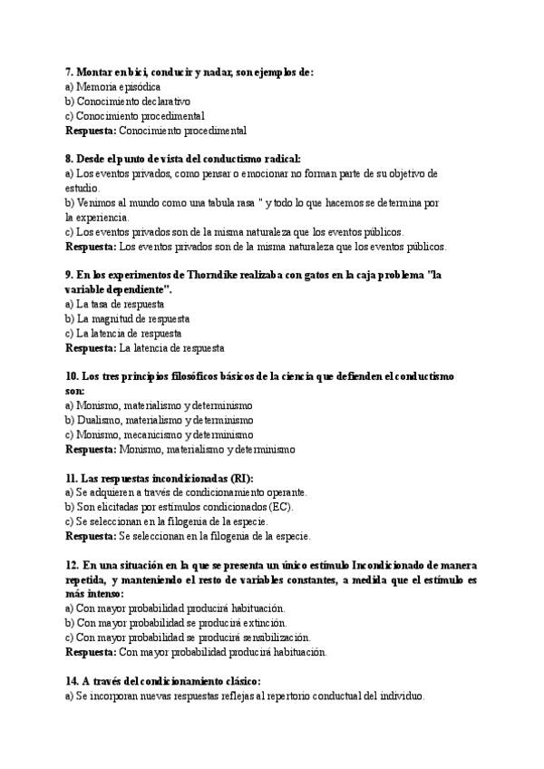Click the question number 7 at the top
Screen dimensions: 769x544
(x=70, y=72)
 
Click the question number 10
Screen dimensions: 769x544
(x=73, y=376)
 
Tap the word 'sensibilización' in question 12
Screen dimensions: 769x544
(x=271, y=638)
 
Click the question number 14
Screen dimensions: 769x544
(x=73, y=681)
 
